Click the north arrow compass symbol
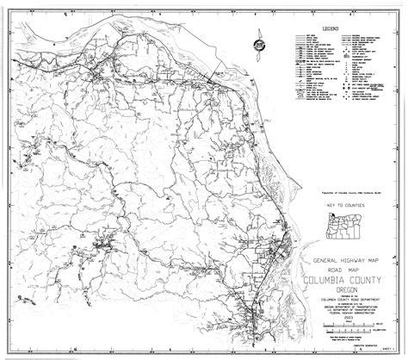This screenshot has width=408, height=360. (x=258, y=45)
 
